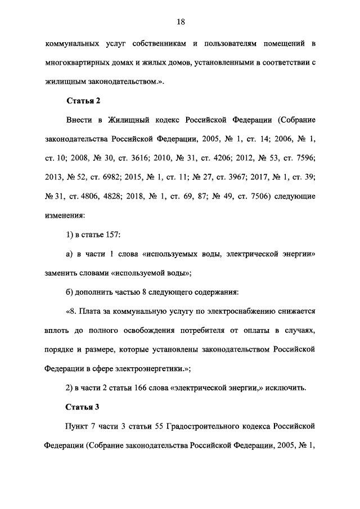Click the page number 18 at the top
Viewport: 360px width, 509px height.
click(181, 22)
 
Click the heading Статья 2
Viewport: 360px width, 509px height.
click(83, 101)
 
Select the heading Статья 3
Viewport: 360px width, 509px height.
click(83, 407)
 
